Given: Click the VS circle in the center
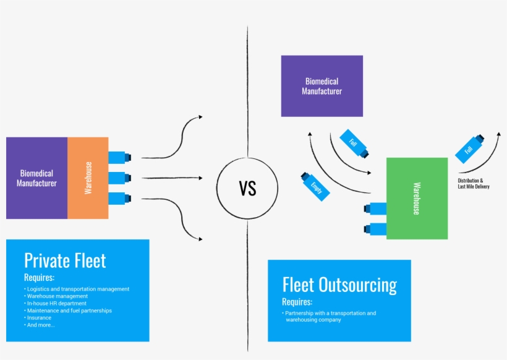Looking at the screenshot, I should tap(247, 188).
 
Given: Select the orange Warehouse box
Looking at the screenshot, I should tap(88, 178).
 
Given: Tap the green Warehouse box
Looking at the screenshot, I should tap(417, 199).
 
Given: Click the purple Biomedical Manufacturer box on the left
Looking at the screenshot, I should tap(36, 178).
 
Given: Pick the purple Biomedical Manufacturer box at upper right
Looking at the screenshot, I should tap(322, 86).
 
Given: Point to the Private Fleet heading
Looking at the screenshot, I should tap(65, 260).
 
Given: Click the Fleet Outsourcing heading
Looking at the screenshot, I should tap(339, 285).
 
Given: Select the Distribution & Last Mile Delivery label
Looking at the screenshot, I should tap(473, 183).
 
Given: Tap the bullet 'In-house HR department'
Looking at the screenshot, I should tap(58, 303).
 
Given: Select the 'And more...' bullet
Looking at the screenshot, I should tap(41, 325).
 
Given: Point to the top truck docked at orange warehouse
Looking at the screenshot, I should tap(119, 157).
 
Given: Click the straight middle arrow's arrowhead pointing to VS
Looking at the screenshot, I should tap(200, 178).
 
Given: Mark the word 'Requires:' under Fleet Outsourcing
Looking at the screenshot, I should tap(297, 302).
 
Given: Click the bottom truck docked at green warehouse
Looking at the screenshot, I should tap(375, 229).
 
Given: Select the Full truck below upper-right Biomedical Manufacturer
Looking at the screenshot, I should tap(356, 143).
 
